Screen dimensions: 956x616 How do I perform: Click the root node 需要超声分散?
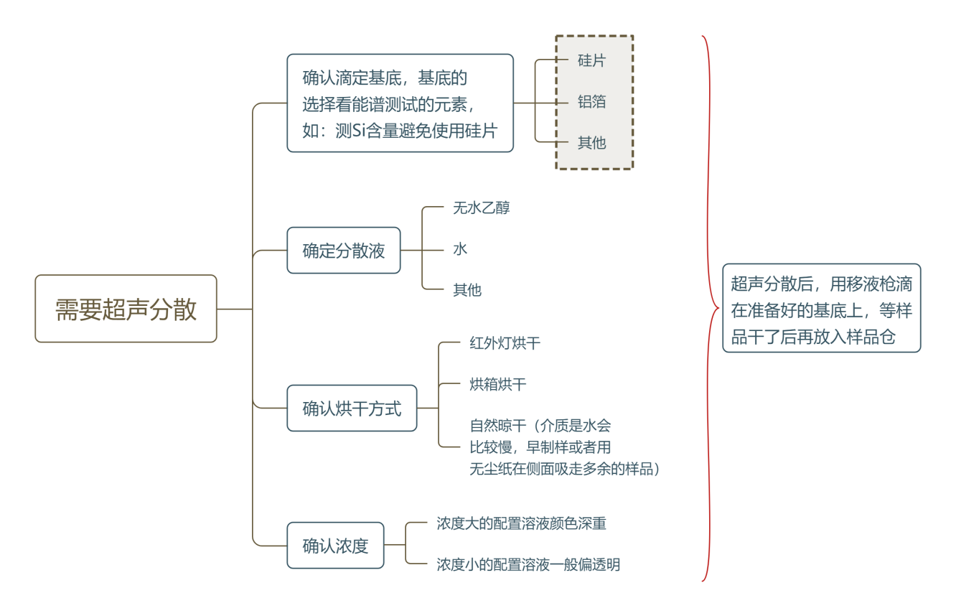126,309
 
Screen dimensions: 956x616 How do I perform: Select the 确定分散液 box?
344,251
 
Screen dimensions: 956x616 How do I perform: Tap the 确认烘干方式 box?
352,409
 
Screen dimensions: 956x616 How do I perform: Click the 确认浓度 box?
335,546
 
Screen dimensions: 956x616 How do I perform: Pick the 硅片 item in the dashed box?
592,61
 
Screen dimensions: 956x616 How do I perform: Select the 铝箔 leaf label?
592,102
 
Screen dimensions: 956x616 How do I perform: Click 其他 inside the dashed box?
592,143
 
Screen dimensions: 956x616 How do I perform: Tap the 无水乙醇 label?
481,208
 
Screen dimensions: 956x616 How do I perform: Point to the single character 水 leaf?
460,249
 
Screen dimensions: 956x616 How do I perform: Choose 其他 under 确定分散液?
467,290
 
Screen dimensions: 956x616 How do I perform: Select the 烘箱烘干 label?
497,384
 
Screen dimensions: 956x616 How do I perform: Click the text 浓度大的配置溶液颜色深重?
521,523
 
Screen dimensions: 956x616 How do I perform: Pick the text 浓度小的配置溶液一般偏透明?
528,564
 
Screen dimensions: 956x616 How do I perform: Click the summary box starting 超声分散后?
821,308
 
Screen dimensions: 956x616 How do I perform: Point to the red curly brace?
711,309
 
